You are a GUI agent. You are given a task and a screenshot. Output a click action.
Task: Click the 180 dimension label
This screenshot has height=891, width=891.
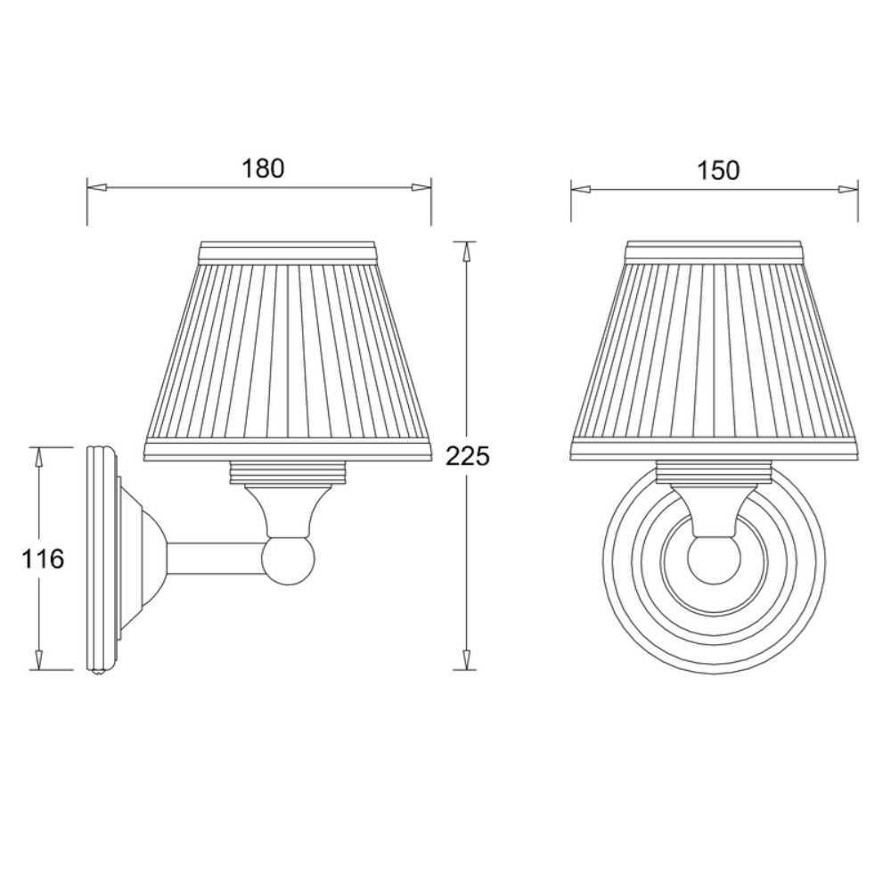[263, 168]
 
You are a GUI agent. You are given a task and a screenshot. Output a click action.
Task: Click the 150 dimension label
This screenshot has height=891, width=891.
[718, 170]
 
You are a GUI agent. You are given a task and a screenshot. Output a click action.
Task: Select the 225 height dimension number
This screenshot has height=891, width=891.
[467, 456]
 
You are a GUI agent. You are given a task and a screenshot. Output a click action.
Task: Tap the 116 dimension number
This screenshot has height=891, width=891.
[43, 560]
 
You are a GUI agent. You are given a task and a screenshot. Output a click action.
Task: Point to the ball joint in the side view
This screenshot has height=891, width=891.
[288, 560]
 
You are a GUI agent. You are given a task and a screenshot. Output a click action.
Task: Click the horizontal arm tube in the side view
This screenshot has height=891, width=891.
[215, 560]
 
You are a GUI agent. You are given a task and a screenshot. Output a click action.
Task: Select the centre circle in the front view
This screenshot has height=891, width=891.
[713, 560]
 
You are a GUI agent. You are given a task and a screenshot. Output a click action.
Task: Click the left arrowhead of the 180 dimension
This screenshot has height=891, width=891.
[96, 187]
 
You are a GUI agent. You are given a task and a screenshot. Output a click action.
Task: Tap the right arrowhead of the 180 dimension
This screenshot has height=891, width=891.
[421, 187]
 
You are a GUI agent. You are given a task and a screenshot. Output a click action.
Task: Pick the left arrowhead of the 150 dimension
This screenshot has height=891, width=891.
[581, 189]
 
